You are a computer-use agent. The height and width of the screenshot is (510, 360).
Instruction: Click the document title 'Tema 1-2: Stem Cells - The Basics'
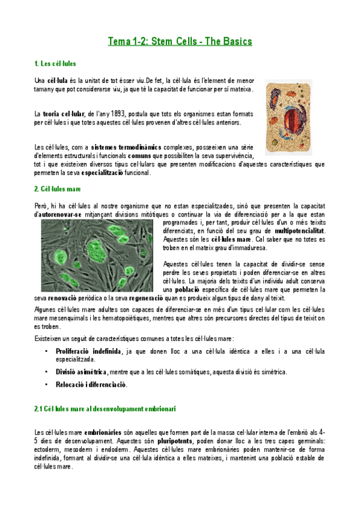pyautogui.click(x=180, y=41)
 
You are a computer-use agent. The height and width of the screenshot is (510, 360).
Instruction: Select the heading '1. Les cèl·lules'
pyautogui.click(x=55, y=63)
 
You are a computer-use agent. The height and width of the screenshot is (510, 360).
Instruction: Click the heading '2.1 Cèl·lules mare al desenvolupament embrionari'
pyautogui.click(x=105, y=409)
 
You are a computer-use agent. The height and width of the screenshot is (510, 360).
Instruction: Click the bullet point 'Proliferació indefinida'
pyautogui.click(x=87, y=351)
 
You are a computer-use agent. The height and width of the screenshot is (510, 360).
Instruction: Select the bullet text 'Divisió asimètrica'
pyautogui.click(x=82, y=372)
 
